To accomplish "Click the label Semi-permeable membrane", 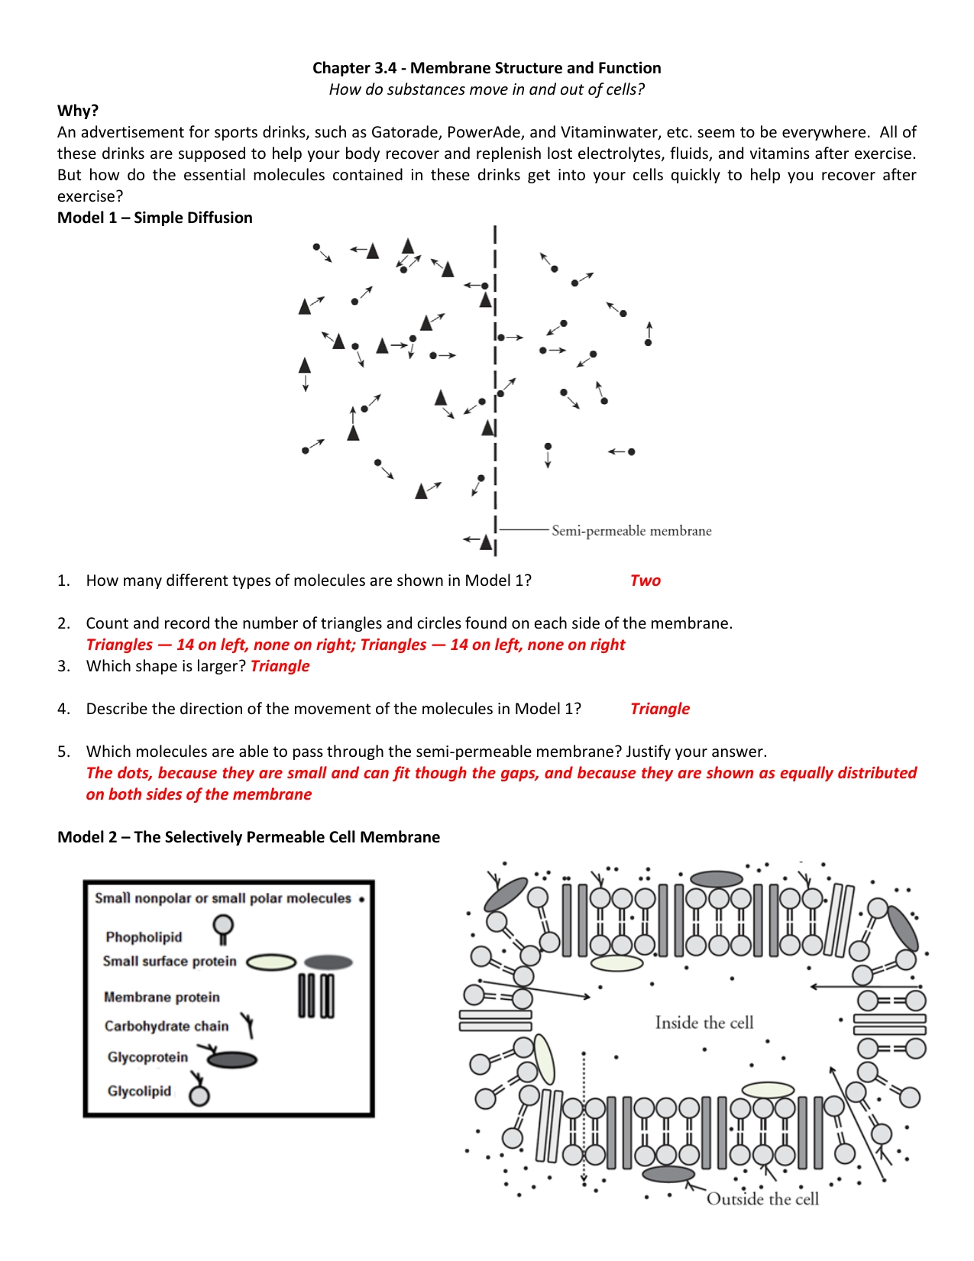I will pyautogui.click(x=631, y=531).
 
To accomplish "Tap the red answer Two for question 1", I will pyautogui.click(x=645, y=580).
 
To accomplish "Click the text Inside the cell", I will pyautogui.click(x=704, y=1023).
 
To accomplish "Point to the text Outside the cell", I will pyautogui.click(x=762, y=1199).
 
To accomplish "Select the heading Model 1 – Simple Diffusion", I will pyautogui.click(x=155, y=218).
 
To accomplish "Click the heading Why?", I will pyautogui.click(x=78, y=111).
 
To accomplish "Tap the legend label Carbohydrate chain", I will pyautogui.click(x=167, y=1027).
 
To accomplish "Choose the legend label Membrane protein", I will pyautogui.click(x=161, y=997).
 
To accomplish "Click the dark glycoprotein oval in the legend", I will pyautogui.click(x=232, y=1060).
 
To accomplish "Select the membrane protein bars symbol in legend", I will pyautogui.click(x=315, y=995).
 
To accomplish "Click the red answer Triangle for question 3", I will pyautogui.click(x=280, y=666).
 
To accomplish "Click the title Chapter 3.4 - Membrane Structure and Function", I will pyautogui.click(x=487, y=68).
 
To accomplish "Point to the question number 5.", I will pyautogui.click(x=63, y=752).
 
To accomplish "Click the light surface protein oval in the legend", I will pyautogui.click(x=271, y=962).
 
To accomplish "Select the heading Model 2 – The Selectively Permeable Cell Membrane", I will pyautogui.click(x=248, y=837).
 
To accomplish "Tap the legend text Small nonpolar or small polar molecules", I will pyautogui.click(x=222, y=899).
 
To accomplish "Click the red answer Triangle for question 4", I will pyautogui.click(x=659, y=709).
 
